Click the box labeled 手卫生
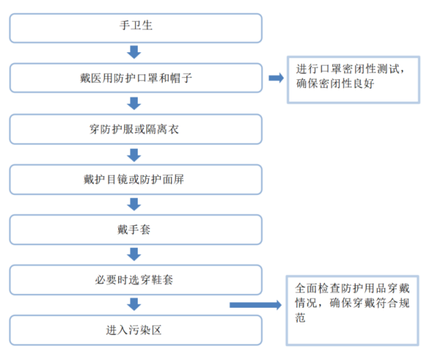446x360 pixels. tap(136, 28)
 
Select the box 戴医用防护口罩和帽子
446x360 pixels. tap(136, 79)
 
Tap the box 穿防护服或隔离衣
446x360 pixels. tap(136, 129)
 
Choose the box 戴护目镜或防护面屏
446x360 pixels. tap(136, 179)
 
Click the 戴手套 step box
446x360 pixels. tap(136, 229)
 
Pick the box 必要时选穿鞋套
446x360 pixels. tap(136, 279)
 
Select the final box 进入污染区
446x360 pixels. tap(136, 329)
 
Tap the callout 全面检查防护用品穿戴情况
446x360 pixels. tap(353, 308)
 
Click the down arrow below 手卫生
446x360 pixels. tap(135, 53)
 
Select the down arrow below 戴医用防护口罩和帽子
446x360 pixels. tap(135, 103)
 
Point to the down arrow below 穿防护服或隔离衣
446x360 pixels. tap(135, 154)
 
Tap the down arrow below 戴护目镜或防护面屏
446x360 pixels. tap(135, 204)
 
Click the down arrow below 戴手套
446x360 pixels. tap(135, 254)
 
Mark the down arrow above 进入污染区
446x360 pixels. tap(135, 304)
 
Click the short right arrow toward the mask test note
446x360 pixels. tap(276, 78)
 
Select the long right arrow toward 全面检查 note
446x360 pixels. tap(255, 304)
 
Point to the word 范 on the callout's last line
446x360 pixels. tap(301, 318)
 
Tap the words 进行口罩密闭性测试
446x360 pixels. tap(351, 69)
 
